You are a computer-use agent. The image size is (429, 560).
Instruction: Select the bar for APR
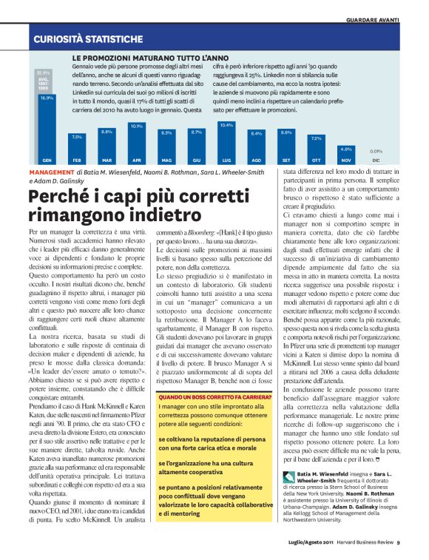click(x=136, y=144)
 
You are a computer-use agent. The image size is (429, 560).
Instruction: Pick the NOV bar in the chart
click(x=346, y=155)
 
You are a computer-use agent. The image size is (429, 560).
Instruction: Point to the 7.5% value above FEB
click(x=77, y=137)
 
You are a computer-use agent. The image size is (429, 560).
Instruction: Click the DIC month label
click(x=376, y=161)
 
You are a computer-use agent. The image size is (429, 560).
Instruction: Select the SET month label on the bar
click(x=286, y=161)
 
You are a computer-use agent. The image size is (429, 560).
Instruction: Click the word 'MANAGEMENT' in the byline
click(x=53, y=171)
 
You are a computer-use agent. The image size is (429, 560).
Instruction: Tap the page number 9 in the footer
click(x=397, y=542)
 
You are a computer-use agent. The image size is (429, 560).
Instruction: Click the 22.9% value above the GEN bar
click(x=44, y=72)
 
